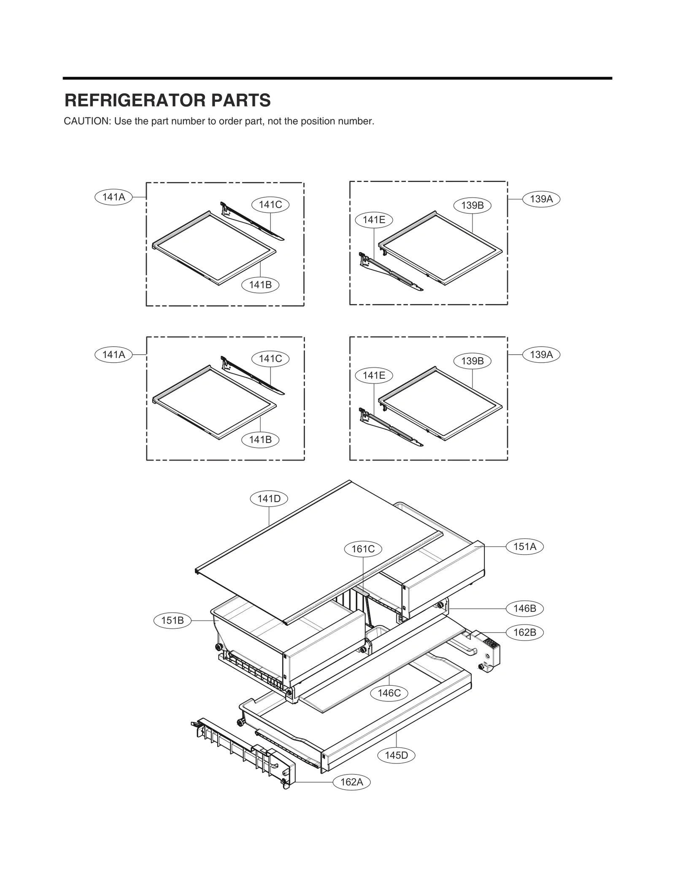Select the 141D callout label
(x=269, y=499)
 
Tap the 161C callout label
(x=363, y=549)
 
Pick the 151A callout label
(x=525, y=546)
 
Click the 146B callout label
(x=525, y=608)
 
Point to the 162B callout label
(x=525, y=633)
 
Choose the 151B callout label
(x=173, y=620)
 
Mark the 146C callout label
(x=389, y=693)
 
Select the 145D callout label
(x=397, y=755)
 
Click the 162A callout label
(x=352, y=782)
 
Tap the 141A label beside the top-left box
(x=113, y=197)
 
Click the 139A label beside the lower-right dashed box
(x=541, y=354)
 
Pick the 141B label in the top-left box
(x=260, y=285)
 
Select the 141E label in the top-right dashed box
(x=374, y=220)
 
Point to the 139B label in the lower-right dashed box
(x=472, y=361)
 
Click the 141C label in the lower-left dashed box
(x=270, y=359)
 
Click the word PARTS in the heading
(x=241, y=100)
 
